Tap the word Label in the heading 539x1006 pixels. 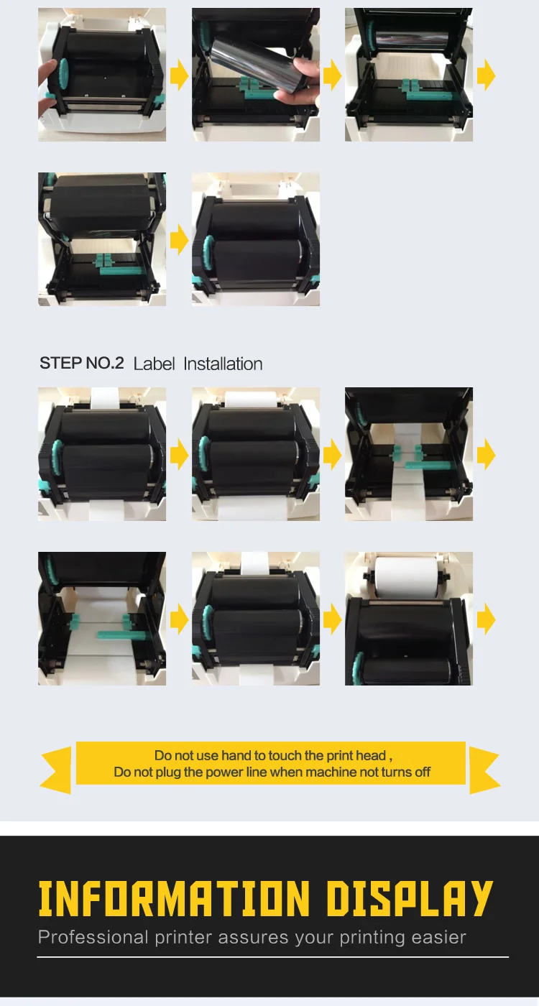point(154,364)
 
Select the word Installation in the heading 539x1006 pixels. point(223,364)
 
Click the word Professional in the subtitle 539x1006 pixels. point(93,938)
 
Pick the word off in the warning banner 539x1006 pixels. point(423,772)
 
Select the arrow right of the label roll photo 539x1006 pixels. point(486,619)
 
